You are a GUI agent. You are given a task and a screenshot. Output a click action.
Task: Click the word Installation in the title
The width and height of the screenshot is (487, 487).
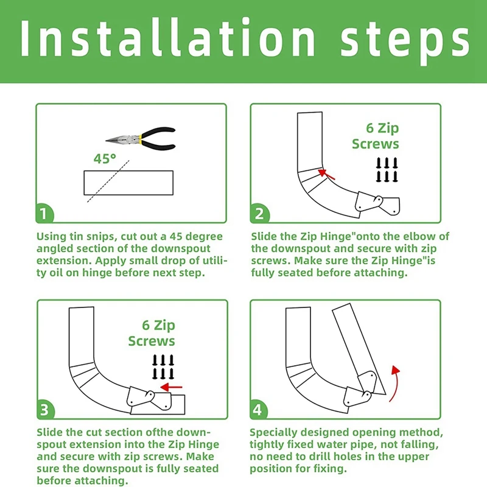[x=167, y=38]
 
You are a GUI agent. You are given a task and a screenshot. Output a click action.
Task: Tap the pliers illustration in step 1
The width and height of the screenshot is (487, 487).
[x=141, y=139]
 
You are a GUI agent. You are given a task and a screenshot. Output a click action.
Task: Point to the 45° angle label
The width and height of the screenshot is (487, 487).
[x=105, y=159]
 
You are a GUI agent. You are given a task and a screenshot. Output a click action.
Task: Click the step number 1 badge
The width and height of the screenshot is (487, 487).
[x=44, y=214]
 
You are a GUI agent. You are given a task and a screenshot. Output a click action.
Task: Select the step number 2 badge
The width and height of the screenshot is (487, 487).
[x=259, y=214]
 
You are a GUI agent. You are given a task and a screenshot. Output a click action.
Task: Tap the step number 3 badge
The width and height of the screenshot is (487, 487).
[x=45, y=410]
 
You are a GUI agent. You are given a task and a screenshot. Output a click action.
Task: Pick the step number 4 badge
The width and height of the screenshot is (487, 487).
[x=258, y=410]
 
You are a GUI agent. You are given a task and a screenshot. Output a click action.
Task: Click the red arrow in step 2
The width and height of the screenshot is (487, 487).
[x=327, y=174]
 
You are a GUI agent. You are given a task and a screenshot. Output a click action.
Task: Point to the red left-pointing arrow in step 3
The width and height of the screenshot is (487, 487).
[x=171, y=387]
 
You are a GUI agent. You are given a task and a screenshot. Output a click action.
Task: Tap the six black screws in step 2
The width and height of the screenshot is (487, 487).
[x=387, y=170]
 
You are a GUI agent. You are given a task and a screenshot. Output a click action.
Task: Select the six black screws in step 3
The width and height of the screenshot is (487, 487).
[x=163, y=367]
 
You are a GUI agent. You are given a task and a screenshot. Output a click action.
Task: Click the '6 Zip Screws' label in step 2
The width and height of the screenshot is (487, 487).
[x=376, y=136]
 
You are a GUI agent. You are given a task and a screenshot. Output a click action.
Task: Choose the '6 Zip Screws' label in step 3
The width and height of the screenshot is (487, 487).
[x=152, y=333]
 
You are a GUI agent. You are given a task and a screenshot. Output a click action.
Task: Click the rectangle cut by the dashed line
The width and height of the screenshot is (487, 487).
[x=128, y=183]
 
